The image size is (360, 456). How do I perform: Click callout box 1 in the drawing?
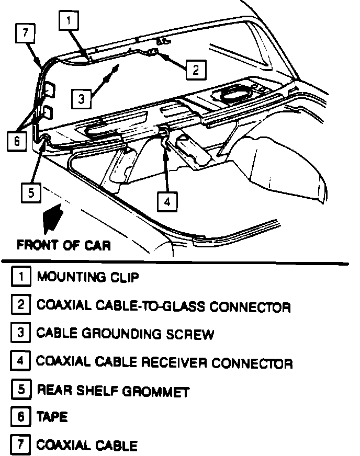(x=71, y=21)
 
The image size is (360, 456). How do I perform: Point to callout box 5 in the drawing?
(x=31, y=192)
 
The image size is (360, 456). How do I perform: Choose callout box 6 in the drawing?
(x=17, y=141)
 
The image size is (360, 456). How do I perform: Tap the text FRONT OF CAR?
(x=64, y=245)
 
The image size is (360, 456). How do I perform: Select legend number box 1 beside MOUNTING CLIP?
(x=20, y=277)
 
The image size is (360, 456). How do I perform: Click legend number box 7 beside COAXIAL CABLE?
(x=20, y=445)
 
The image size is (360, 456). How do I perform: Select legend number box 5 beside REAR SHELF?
(x=20, y=390)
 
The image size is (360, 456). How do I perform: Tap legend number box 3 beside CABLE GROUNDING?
(x=20, y=333)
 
